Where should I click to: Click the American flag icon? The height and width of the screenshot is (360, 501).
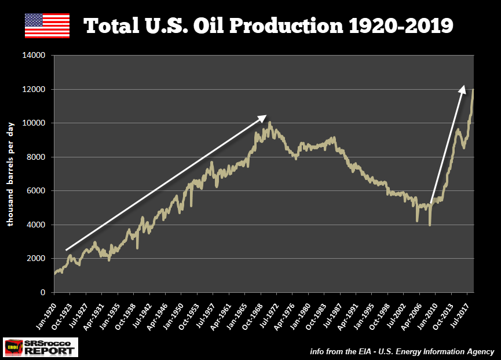tap(47, 25)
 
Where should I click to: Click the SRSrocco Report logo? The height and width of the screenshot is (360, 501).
tap(41, 347)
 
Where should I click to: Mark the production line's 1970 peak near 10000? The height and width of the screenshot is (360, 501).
tap(269, 123)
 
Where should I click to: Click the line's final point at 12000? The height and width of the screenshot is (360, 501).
tap(474, 90)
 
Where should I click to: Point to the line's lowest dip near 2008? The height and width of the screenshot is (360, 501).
tap(429, 225)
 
